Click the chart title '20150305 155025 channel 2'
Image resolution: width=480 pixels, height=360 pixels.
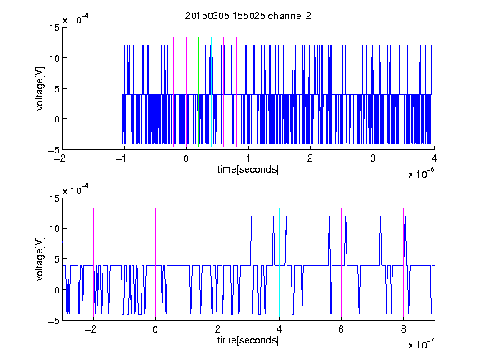(x=248, y=16)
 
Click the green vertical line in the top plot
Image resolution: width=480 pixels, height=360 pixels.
(x=198, y=92)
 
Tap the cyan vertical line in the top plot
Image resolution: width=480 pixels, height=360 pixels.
(x=211, y=92)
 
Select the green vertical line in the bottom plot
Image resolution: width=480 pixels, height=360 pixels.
(x=217, y=262)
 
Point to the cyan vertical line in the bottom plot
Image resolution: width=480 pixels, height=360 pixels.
(x=279, y=262)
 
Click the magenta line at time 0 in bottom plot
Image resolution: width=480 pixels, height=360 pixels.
(x=156, y=262)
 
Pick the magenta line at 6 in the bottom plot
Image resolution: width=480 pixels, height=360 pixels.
(x=342, y=262)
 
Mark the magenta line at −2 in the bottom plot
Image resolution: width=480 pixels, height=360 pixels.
(x=93, y=262)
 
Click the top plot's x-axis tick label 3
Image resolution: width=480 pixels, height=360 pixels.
(x=372, y=158)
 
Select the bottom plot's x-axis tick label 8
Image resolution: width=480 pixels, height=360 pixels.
(x=403, y=329)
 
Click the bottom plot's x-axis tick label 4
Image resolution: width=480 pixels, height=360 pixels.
(x=279, y=329)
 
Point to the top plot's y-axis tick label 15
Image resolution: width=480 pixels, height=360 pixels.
(x=54, y=27)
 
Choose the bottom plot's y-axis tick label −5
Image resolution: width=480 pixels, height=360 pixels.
(x=54, y=321)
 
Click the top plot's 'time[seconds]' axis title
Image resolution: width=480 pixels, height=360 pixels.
(x=248, y=169)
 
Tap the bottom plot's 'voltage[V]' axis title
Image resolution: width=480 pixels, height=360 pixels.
(x=40, y=259)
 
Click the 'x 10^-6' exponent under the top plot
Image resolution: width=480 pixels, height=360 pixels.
(x=421, y=173)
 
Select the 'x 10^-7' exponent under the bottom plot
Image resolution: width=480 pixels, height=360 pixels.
(x=421, y=344)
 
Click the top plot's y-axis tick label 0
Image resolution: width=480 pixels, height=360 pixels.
(x=57, y=119)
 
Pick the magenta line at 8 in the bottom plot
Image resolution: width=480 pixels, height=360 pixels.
(x=404, y=262)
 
